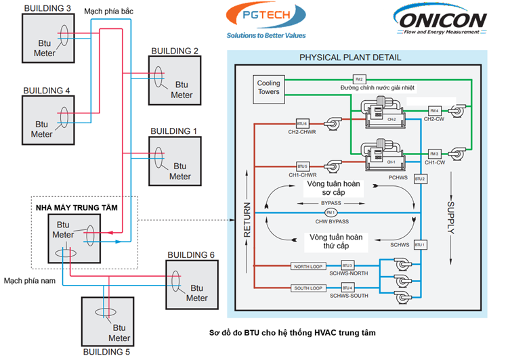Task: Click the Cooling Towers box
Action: pos(268,88)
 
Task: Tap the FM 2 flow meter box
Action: pos(359,79)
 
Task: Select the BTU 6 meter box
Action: pos(302,124)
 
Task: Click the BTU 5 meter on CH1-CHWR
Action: pos(302,166)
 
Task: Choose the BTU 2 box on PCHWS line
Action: pos(420,179)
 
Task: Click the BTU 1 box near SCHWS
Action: pos(420,244)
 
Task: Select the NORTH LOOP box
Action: pos(310,267)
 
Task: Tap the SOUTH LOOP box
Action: pos(310,289)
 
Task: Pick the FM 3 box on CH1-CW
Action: pos(434,154)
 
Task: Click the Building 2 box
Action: pos(175,80)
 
